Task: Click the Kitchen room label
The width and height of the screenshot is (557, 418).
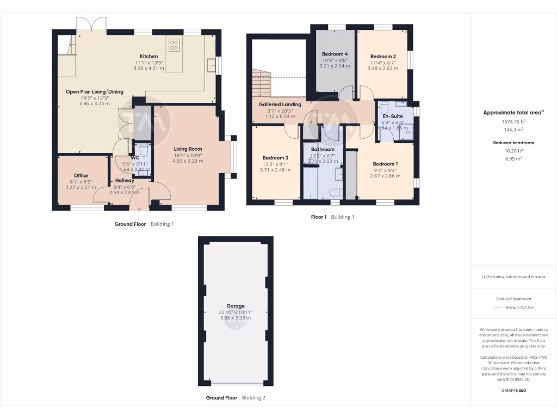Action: click(x=149, y=56)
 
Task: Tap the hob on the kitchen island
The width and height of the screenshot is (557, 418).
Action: click(x=174, y=45)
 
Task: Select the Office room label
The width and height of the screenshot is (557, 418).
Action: click(x=81, y=175)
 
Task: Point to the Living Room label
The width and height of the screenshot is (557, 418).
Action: click(x=188, y=149)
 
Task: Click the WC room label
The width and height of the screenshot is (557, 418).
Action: click(x=135, y=158)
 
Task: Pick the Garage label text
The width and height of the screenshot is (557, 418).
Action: click(x=236, y=306)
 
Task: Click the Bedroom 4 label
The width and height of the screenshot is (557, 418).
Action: click(x=335, y=54)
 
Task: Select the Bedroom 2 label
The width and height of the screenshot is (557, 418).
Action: click(x=382, y=56)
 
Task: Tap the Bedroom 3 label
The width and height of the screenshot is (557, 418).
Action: click(x=275, y=157)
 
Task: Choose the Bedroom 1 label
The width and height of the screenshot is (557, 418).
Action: click(x=385, y=164)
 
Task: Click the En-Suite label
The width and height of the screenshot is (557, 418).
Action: click(x=392, y=116)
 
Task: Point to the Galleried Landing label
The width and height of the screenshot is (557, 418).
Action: click(x=280, y=104)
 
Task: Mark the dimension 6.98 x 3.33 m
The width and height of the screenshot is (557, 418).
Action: click(x=236, y=318)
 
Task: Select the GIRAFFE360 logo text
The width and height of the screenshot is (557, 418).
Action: click(x=513, y=390)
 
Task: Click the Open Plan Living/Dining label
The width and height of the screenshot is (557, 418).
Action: click(x=95, y=91)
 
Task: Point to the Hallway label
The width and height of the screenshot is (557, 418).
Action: click(x=125, y=181)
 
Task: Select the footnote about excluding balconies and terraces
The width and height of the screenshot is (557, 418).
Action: click(x=513, y=276)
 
